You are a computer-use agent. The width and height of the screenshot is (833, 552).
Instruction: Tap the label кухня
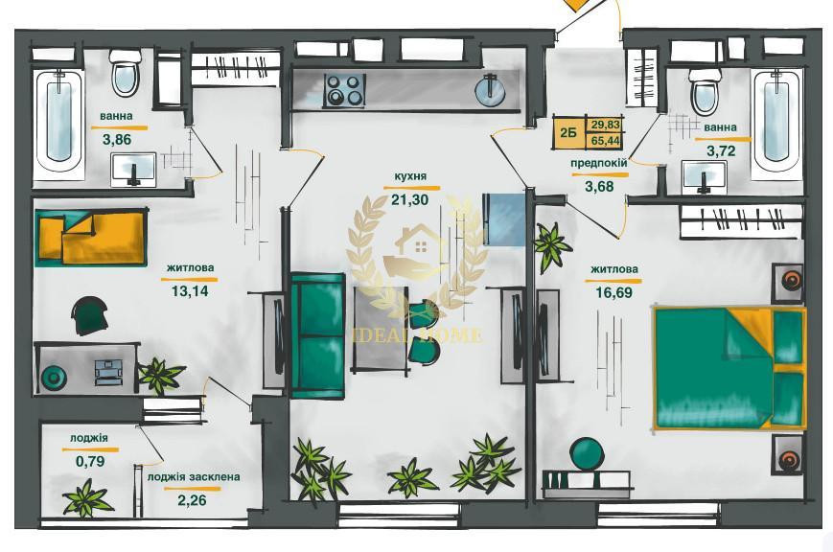pos(409,176)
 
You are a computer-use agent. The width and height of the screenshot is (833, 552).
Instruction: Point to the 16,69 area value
pos(614,291)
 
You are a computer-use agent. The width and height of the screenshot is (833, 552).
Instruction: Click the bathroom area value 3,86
pos(116,140)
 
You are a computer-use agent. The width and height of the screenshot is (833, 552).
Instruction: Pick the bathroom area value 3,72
pos(721,151)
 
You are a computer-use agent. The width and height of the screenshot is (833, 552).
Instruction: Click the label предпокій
pos(599,163)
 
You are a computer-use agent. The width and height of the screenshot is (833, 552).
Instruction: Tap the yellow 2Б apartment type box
pos(569,131)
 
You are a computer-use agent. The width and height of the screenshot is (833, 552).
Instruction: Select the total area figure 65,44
pos(605,141)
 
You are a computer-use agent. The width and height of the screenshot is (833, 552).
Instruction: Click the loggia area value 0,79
pos(90,461)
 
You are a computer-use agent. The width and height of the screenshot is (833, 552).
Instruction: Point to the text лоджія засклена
pos(194,477)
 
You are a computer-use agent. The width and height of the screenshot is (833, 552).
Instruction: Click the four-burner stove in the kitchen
pos(344,90)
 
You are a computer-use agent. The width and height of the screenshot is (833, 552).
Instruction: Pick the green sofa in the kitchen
pos(317,334)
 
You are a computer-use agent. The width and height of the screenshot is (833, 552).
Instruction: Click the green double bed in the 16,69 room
pos(730,368)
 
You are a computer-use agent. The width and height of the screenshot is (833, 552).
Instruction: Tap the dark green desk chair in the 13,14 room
pos(90,315)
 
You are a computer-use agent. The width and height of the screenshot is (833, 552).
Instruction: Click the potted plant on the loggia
pos(86,498)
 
